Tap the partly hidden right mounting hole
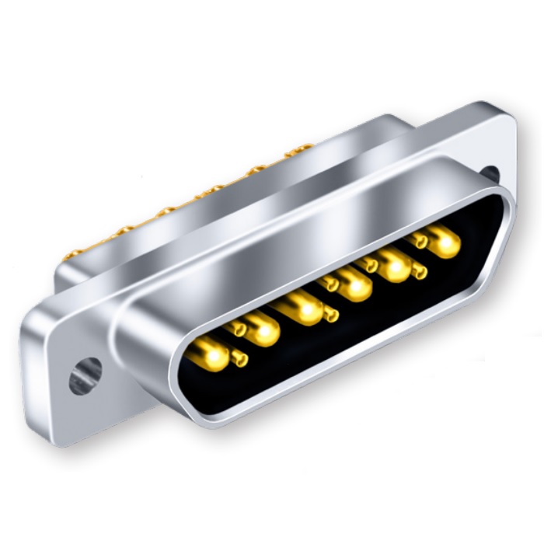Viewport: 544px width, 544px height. [490, 173]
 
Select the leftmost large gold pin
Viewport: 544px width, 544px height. [211, 357]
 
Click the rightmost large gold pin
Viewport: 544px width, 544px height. [444, 243]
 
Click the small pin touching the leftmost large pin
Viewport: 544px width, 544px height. [240, 358]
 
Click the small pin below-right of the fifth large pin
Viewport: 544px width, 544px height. [420, 271]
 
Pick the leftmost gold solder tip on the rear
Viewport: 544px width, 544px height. [75, 254]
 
